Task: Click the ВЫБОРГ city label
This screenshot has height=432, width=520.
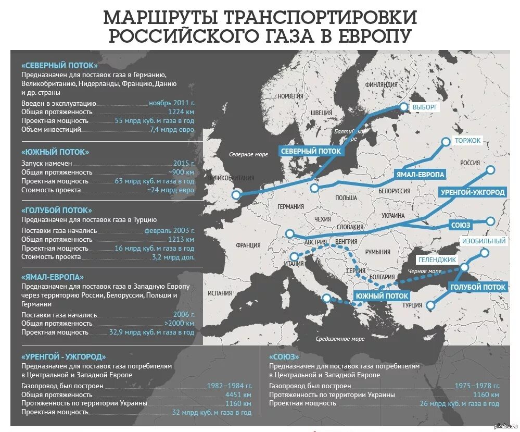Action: click(426, 107)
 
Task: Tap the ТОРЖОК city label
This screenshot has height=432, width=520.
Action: click(467, 141)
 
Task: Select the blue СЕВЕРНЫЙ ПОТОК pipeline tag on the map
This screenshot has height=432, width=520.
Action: click(311, 151)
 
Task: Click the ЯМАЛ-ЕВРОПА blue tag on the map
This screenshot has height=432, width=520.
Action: click(420, 174)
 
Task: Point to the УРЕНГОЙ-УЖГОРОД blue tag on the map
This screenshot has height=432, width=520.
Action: click(473, 192)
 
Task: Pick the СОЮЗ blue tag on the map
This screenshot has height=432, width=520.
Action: click(461, 225)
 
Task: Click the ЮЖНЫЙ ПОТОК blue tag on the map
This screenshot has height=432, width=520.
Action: click(382, 295)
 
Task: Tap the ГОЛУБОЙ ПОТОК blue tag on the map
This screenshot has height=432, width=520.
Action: click(478, 287)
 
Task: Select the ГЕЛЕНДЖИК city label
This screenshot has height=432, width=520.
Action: click(437, 260)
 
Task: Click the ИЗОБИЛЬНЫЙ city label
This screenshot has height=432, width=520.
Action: click(484, 241)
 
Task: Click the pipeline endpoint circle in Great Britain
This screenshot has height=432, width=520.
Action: click(236, 195)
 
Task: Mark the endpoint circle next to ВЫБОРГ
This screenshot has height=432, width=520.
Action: click(403, 107)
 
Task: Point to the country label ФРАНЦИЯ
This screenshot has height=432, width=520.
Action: click(248, 245)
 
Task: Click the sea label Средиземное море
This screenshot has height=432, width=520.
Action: click(340, 339)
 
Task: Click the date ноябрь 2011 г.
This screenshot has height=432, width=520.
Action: click(171, 103)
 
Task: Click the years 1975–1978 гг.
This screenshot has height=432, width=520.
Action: click(476, 386)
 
